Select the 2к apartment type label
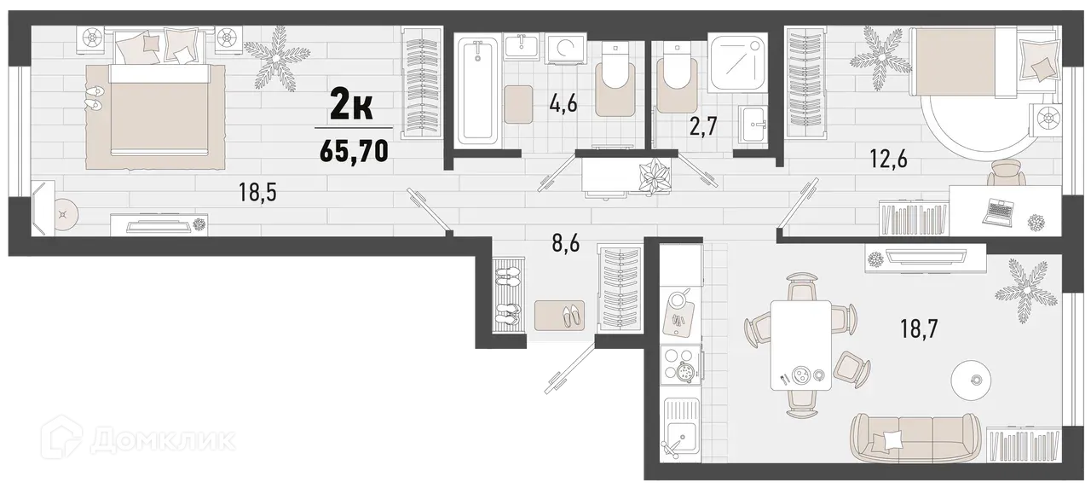coord(350,107)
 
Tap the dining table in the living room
coord(801,345)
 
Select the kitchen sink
coord(680,433)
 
